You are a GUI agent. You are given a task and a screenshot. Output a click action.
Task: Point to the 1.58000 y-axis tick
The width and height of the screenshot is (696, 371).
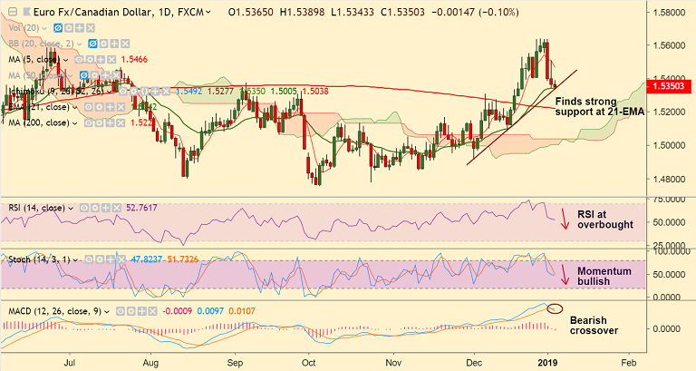tap(672, 14)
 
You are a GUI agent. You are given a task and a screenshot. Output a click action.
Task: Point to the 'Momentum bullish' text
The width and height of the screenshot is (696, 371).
tap(605, 276)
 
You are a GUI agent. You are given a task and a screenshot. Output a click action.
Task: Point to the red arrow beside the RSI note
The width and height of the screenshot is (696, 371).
tap(565, 219)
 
